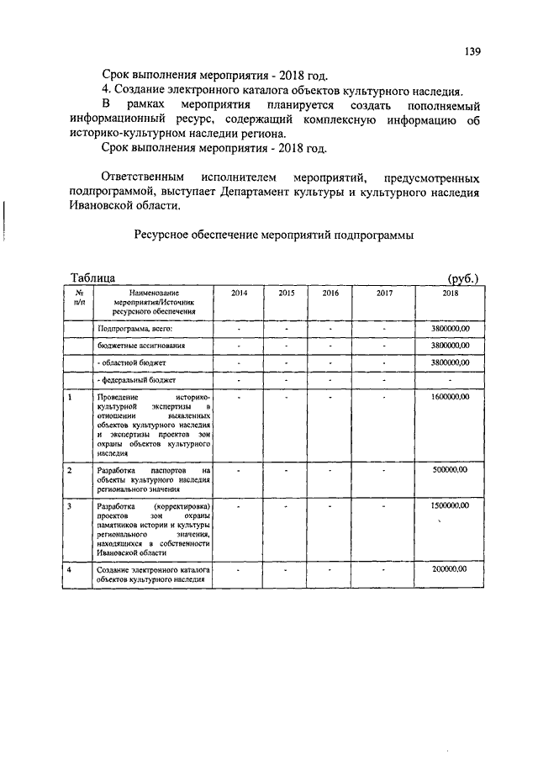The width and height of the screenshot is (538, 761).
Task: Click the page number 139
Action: (x=472, y=51)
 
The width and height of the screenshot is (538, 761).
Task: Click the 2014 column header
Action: (x=240, y=293)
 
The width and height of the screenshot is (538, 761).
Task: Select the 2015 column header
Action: (x=287, y=293)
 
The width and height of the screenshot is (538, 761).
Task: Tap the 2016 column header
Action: (x=330, y=293)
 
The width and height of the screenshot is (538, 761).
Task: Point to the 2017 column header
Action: (x=384, y=293)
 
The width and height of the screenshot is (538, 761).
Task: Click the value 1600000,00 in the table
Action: (x=450, y=395)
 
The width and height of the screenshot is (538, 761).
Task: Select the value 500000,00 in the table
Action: (x=450, y=470)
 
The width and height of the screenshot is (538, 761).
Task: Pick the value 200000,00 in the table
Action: (x=450, y=569)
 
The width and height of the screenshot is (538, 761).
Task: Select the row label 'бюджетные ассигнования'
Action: (x=141, y=346)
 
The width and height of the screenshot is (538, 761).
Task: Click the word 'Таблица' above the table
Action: (x=94, y=277)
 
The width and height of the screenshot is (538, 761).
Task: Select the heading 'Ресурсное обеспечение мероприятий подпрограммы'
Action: (x=273, y=236)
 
